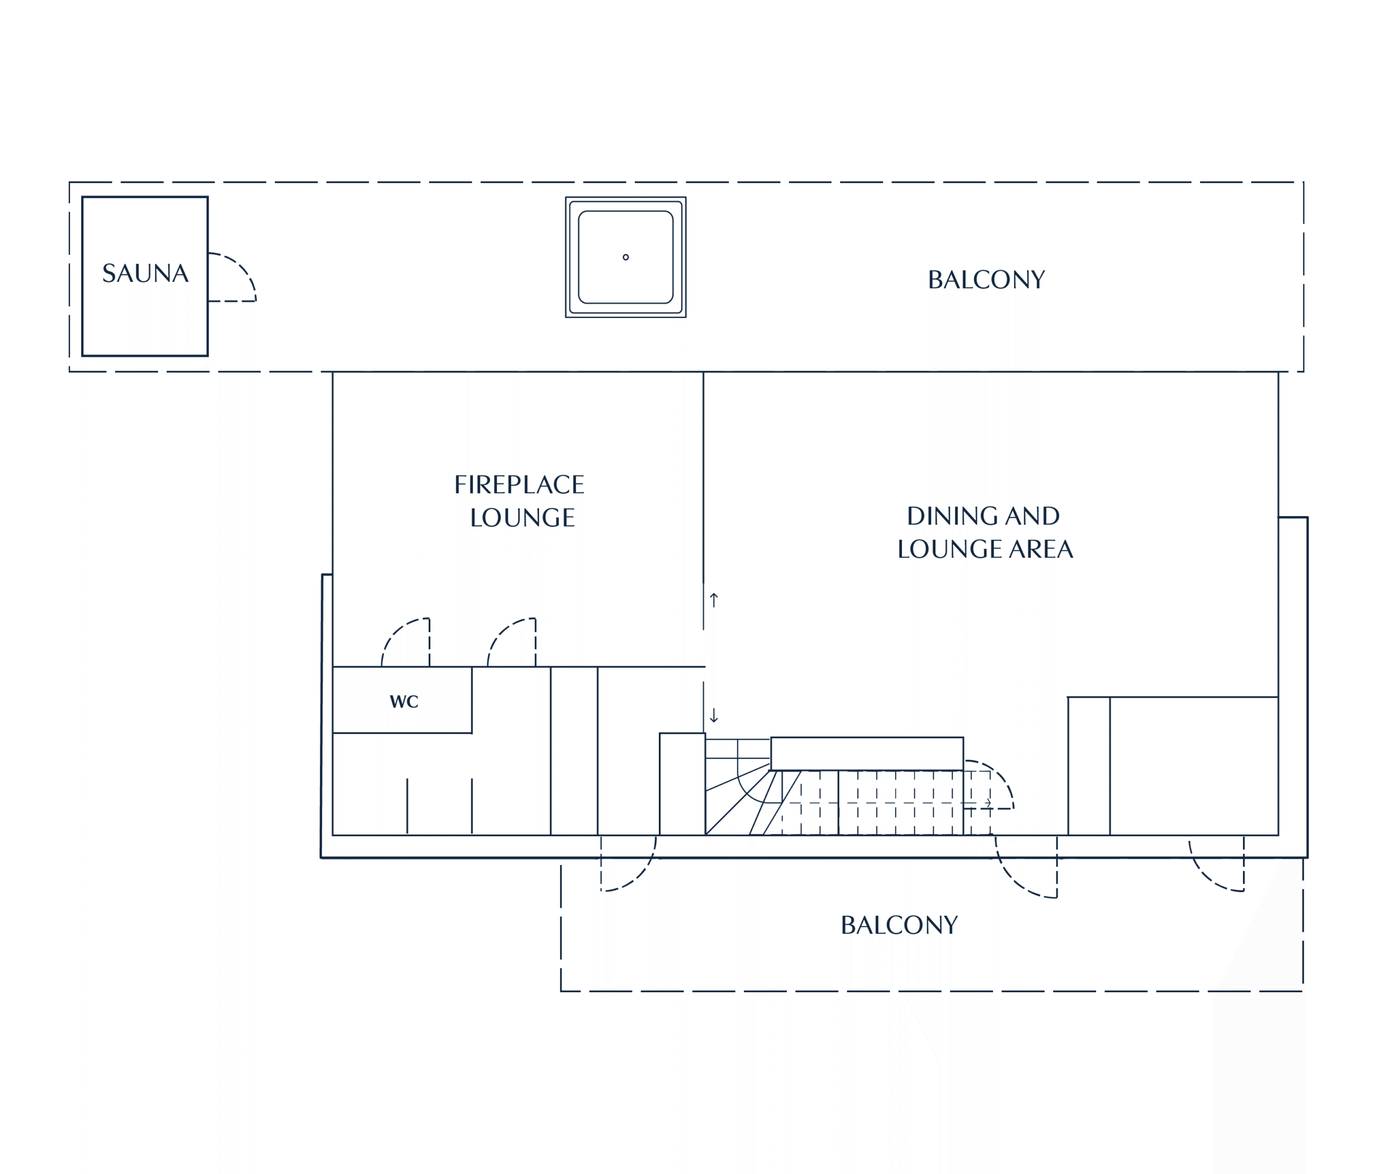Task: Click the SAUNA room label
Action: tap(145, 273)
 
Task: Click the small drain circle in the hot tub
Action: tap(626, 257)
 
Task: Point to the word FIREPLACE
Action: tap(519, 485)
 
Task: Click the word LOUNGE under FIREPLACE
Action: tap(522, 518)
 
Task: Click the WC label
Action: tap(404, 702)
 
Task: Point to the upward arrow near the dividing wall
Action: tap(714, 600)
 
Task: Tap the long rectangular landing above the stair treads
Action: tap(867, 753)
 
